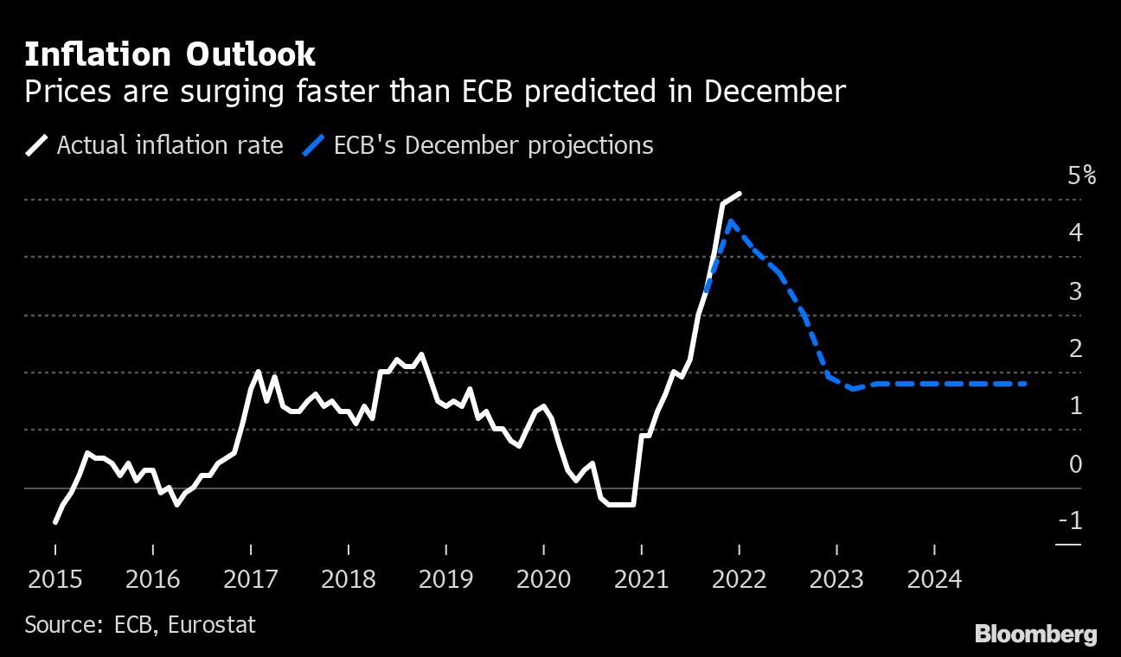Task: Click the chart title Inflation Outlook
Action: (x=170, y=55)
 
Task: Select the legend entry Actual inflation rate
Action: (x=170, y=145)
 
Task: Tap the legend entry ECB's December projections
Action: (x=493, y=145)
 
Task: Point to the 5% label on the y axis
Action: (x=1081, y=176)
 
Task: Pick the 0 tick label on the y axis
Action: (x=1075, y=464)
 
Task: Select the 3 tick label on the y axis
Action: (x=1075, y=291)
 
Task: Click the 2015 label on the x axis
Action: (x=54, y=578)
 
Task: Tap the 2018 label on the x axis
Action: (x=348, y=578)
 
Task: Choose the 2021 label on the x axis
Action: (x=641, y=578)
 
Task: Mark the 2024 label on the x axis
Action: (x=934, y=578)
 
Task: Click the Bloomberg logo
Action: (x=1035, y=634)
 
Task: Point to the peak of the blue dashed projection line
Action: (x=731, y=221)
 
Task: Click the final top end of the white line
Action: (x=740, y=194)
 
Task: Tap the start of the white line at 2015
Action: (x=55, y=522)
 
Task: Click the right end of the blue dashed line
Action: (x=1026, y=384)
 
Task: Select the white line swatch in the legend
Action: (x=38, y=145)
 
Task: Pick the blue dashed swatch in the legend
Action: (x=312, y=145)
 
